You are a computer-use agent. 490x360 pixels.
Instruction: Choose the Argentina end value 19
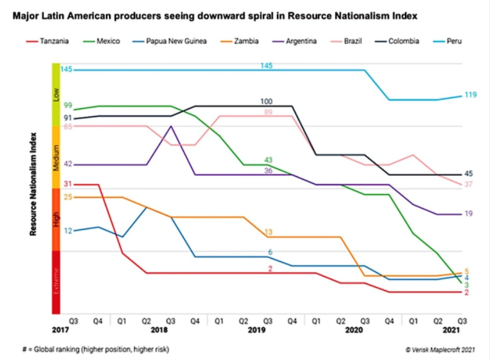coord(468,213)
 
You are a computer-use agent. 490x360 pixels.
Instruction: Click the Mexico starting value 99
coord(67,105)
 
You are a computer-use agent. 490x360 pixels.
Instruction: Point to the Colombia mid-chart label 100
coord(267,102)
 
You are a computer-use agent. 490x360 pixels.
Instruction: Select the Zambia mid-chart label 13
coord(269,232)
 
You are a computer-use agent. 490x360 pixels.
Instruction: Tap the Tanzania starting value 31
coord(67,184)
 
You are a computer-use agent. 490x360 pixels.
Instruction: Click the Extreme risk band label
coord(56,281)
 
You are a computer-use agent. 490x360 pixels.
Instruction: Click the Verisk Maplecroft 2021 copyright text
coord(442,350)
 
